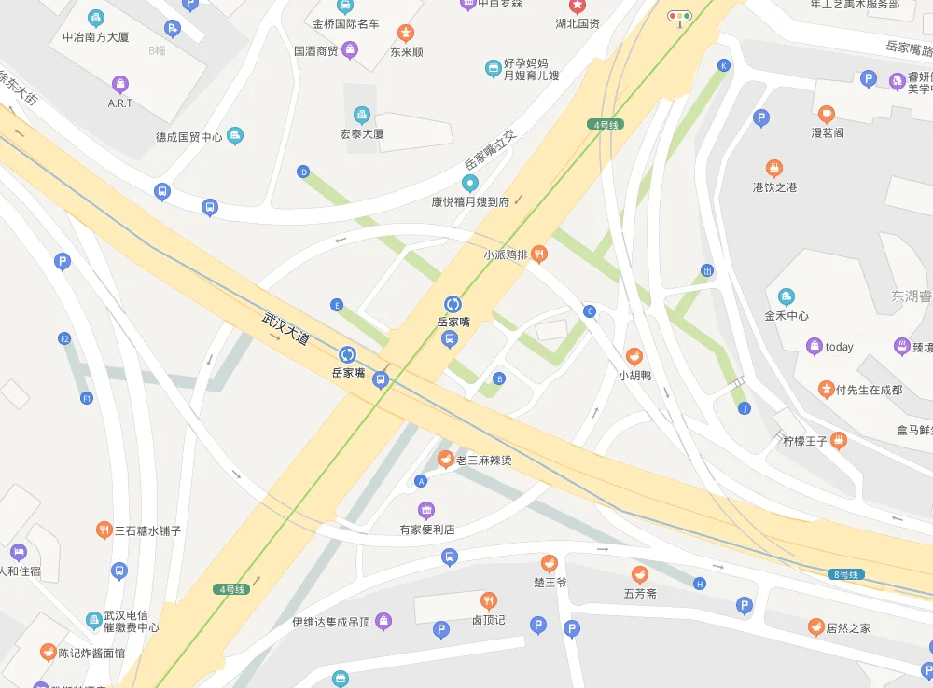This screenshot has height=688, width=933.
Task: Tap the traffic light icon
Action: (x=679, y=16)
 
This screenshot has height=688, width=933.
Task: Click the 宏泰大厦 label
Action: (x=362, y=133)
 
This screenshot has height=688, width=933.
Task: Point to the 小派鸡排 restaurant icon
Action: (x=538, y=255)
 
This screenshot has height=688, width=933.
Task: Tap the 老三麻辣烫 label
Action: (x=483, y=461)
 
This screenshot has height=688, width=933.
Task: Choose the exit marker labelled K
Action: (x=723, y=65)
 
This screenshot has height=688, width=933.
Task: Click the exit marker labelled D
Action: (x=302, y=172)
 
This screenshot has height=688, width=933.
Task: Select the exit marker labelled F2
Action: (x=64, y=338)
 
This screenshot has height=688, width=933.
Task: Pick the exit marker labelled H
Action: (x=700, y=584)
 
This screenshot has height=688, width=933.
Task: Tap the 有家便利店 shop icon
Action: (x=426, y=510)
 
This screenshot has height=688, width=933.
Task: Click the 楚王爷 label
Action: (x=550, y=582)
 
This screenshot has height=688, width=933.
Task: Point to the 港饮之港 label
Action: (x=774, y=187)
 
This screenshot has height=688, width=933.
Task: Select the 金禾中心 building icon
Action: (x=787, y=296)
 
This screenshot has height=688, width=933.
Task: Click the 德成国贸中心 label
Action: (x=188, y=137)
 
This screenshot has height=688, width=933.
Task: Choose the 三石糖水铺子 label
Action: (x=147, y=530)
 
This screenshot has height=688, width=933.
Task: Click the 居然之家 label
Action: (x=847, y=628)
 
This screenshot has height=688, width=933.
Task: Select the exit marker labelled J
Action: (x=744, y=408)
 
